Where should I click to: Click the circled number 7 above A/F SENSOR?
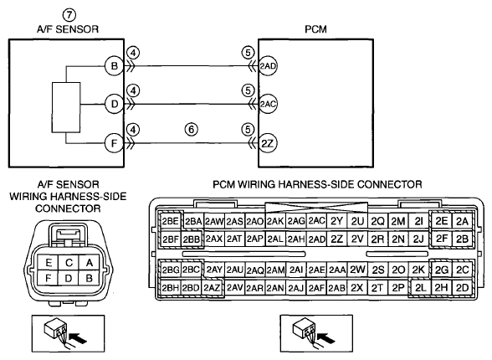pyautogui.click(x=69, y=15)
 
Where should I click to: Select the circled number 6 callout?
pyautogui.click(x=192, y=129)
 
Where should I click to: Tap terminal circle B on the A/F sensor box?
pyautogui.click(x=114, y=66)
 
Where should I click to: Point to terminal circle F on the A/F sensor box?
pyautogui.click(x=114, y=143)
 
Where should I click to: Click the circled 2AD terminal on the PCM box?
pyautogui.click(x=268, y=66)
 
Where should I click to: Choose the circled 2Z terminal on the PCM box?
pyautogui.click(x=268, y=143)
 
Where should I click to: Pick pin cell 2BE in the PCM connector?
pyautogui.click(x=171, y=222)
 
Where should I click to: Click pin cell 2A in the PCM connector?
pyautogui.click(x=462, y=222)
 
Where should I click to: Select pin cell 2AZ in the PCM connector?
pyautogui.click(x=212, y=288)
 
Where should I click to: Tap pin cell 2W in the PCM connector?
pyautogui.click(x=357, y=270)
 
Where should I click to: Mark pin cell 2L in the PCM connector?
pyautogui.click(x=420, y=288)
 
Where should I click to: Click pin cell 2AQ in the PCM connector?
pyautogui.click(x=254, y=270)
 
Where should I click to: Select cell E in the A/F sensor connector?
pyautogui.click(x=48, y=262)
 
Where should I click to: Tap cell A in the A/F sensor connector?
pyautogui.click(x=89, y=262)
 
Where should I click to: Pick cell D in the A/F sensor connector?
pyautogui.click(x=69, y=278)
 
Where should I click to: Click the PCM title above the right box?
pyautogui.click(x=315, y=29)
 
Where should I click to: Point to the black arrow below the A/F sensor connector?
pyautogui.click(x=78, y=339)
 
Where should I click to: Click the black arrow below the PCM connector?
pyautogui.click(x=326, y=339)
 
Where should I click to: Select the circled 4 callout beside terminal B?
pyautogui.click(x=133, y=53)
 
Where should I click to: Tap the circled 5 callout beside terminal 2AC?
pyautogui.click(x=248, y=90)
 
